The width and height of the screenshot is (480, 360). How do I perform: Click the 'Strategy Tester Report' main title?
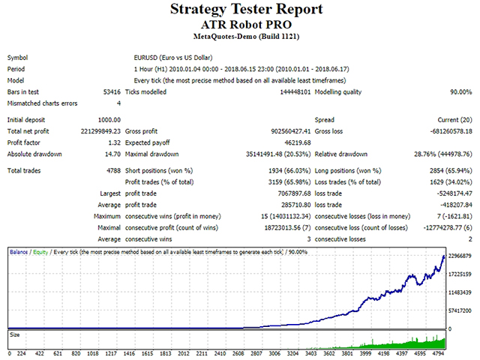tap(247, 9)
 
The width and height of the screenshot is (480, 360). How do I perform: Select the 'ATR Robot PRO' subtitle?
tap(247, 25)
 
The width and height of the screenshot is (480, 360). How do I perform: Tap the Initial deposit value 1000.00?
tap(109, 120)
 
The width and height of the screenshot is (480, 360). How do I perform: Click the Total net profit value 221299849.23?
tap(100, 131)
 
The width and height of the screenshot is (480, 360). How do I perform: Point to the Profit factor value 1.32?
tap(115, 142)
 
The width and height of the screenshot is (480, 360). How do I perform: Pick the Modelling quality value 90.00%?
tap(460, 91)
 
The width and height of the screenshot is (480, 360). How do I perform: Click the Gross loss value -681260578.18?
tap(451, 131)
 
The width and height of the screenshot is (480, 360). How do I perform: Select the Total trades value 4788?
tap(113, 171)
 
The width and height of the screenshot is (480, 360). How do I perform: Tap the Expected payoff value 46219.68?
tap(298, 142)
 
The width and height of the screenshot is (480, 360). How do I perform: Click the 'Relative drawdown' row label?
tap(341, 154)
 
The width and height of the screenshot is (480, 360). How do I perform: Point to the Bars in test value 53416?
tap(112, 91)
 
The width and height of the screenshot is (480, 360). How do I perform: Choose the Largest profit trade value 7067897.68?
tap(294, 193)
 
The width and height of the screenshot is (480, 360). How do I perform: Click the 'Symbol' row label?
tap(17, 58)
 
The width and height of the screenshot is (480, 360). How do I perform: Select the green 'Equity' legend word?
tap(40, 252)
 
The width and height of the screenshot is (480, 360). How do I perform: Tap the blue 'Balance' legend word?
tap(19, 252)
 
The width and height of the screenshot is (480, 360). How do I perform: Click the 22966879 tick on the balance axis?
tap(460, 256)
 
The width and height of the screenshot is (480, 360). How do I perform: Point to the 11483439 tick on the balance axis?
tap(460, 292)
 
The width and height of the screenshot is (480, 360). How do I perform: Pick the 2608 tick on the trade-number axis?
tap(238, 353)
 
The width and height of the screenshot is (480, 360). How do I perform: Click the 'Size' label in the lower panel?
tap(15, 335)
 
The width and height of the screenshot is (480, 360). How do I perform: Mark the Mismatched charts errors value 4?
tap(118, 103)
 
